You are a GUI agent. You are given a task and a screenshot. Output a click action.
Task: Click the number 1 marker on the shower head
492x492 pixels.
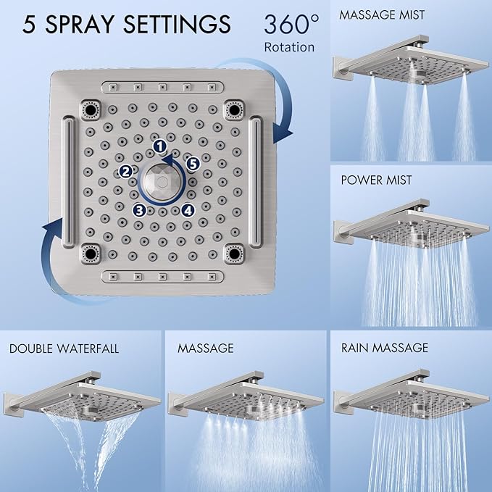coord(159,147)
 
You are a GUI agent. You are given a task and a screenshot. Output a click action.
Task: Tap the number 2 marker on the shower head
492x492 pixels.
coord(125,171)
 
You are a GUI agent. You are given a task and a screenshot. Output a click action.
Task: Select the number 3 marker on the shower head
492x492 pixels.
coord(140,211)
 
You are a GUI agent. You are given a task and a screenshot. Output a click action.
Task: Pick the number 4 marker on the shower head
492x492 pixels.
coord(188,211)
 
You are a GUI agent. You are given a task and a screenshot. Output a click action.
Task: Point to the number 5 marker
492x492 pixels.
coord(193,164)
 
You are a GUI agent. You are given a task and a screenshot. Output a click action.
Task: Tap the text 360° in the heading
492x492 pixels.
coord(290,25)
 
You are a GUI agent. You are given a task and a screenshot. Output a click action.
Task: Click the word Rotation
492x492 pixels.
coord(290,47)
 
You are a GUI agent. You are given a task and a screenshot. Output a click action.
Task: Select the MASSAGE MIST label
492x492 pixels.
coord(382,14)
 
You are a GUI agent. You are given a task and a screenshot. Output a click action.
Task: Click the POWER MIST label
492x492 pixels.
coord(376,180)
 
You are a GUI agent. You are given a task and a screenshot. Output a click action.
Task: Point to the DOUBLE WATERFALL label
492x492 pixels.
coord(64,349)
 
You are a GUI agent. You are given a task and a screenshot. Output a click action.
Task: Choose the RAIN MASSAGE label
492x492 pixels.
coord(384,349)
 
